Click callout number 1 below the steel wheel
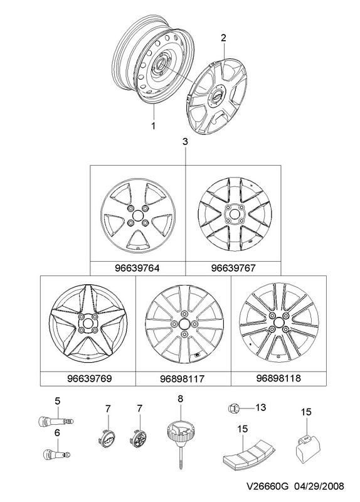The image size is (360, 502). (153, 126)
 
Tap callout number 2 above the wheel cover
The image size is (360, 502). (223, 38)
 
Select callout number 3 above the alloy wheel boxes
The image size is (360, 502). (186, 142)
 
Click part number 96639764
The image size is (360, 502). (137, 268)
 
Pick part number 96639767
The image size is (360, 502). (233, 268)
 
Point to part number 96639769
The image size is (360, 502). (90, 378)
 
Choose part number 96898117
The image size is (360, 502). (182, 379)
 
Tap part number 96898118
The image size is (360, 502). (278, 378)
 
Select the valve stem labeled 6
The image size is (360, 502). (56, 454)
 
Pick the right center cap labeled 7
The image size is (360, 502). (137, 437)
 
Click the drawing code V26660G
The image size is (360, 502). (267, 487)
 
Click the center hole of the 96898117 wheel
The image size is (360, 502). (184, 324)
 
